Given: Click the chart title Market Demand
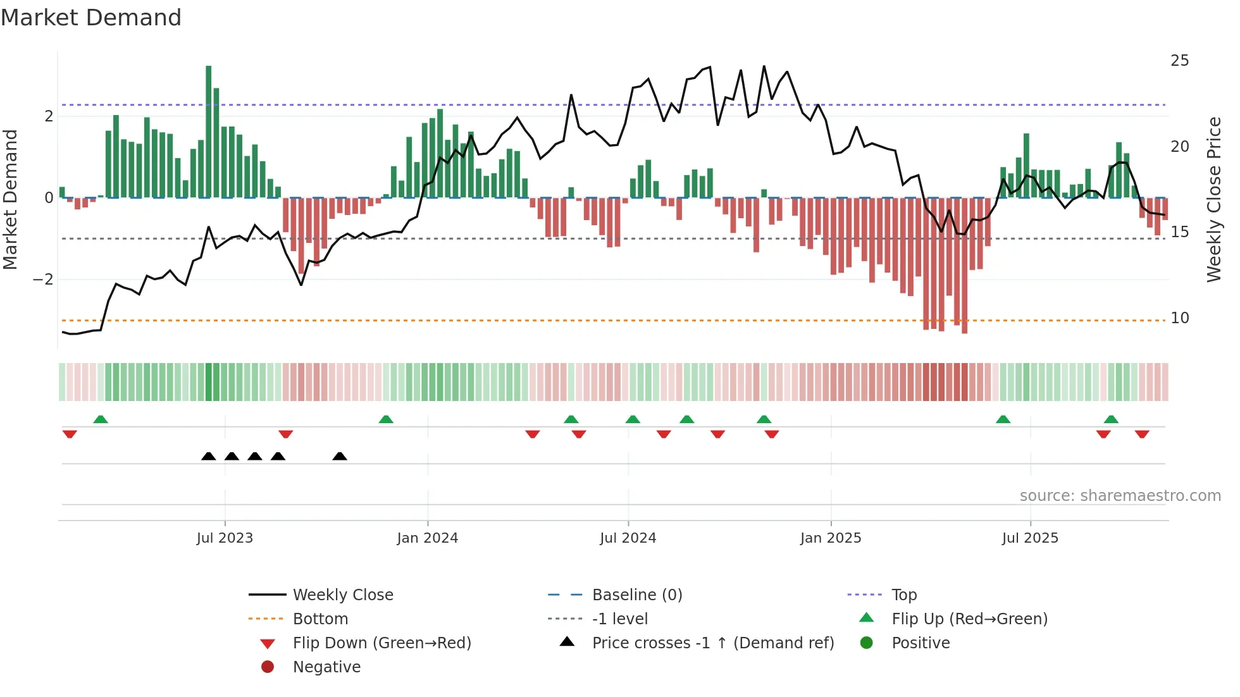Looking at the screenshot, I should pyautogui.click(x=91, y=18).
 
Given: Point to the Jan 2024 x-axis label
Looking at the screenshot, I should pyautogui.click(x=427, y=538).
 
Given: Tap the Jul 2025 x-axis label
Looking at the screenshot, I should pyautogui.click(x=1030, y=538).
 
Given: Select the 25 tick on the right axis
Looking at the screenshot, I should pyautogui.click(x=1179, y=61).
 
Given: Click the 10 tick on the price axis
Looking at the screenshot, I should pyautogui.click(x=1179, y=318).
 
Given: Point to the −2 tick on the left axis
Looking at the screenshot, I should pyautogui.click(x=44, y=280).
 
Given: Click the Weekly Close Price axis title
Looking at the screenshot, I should pyautogui.click(x=1213, y=199).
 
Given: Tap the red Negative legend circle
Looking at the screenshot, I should pyautogui.click(x=268, y=667).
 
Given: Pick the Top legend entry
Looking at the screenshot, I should pyautogui.click(x=903, y=595).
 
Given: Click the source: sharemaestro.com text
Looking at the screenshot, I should pyautogui.click(x=1120, y=496).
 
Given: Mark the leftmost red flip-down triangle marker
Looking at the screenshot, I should pyautogui.click(x=70, y=434).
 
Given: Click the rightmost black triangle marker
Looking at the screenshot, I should pyautogui.click(x=340, y=456).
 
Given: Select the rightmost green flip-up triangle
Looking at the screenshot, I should pyautogui.click(x=1111, y=419).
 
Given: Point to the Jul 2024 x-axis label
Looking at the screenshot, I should pyautogui.click(x=628, y=538).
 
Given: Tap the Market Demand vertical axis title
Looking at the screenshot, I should pyautogui.click(x=11, y=199).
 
